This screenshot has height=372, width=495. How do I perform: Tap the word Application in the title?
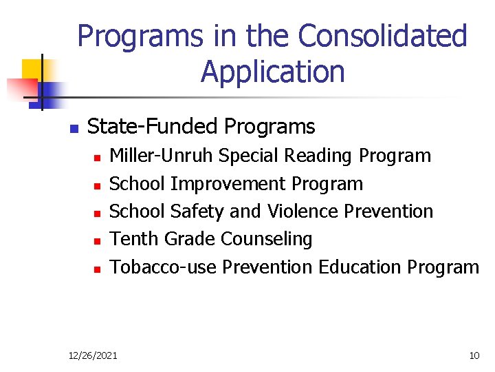(273, 72)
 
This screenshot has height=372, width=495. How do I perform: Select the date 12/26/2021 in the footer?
(93, 355)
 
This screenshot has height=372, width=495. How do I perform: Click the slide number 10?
(474, 355)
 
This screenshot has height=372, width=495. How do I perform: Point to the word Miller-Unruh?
(162, 156)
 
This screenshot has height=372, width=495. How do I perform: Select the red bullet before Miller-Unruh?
(97, 158)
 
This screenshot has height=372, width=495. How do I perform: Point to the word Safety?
(199, 211)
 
